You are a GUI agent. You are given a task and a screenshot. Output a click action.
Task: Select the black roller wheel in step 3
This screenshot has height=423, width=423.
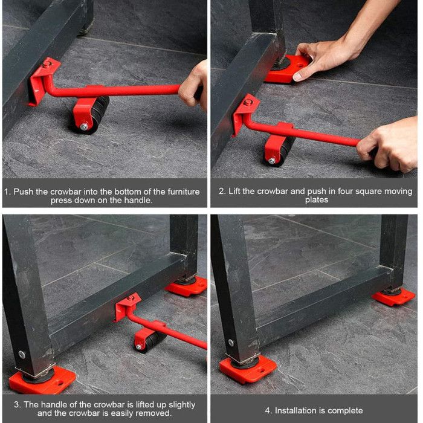coord(151,341)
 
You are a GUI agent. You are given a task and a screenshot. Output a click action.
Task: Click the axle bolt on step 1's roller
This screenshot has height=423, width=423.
coord(84,126)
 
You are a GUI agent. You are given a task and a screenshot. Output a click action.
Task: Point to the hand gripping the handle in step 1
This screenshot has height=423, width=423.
coord(193,86)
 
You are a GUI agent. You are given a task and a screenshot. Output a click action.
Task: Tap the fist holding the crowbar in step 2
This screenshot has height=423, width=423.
coord(389,144)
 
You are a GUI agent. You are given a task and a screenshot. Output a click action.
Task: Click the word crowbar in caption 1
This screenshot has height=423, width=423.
coord(66,192)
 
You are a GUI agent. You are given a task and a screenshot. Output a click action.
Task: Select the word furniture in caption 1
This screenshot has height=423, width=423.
coord(184,192)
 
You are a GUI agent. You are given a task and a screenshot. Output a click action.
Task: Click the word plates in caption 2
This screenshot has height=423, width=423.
coord(317,200)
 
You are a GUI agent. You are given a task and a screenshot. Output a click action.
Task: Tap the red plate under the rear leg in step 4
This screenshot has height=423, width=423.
coord(393,297)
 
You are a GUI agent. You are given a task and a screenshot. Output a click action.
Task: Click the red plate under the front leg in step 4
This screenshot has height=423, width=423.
coord(248,369)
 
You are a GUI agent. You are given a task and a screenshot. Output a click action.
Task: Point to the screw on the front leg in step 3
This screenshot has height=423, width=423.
coord(22,355)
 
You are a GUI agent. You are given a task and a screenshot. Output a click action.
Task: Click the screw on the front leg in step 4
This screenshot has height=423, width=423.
coord(231,343)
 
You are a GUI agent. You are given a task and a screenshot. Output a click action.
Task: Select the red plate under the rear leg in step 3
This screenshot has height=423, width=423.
coord(187,286)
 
